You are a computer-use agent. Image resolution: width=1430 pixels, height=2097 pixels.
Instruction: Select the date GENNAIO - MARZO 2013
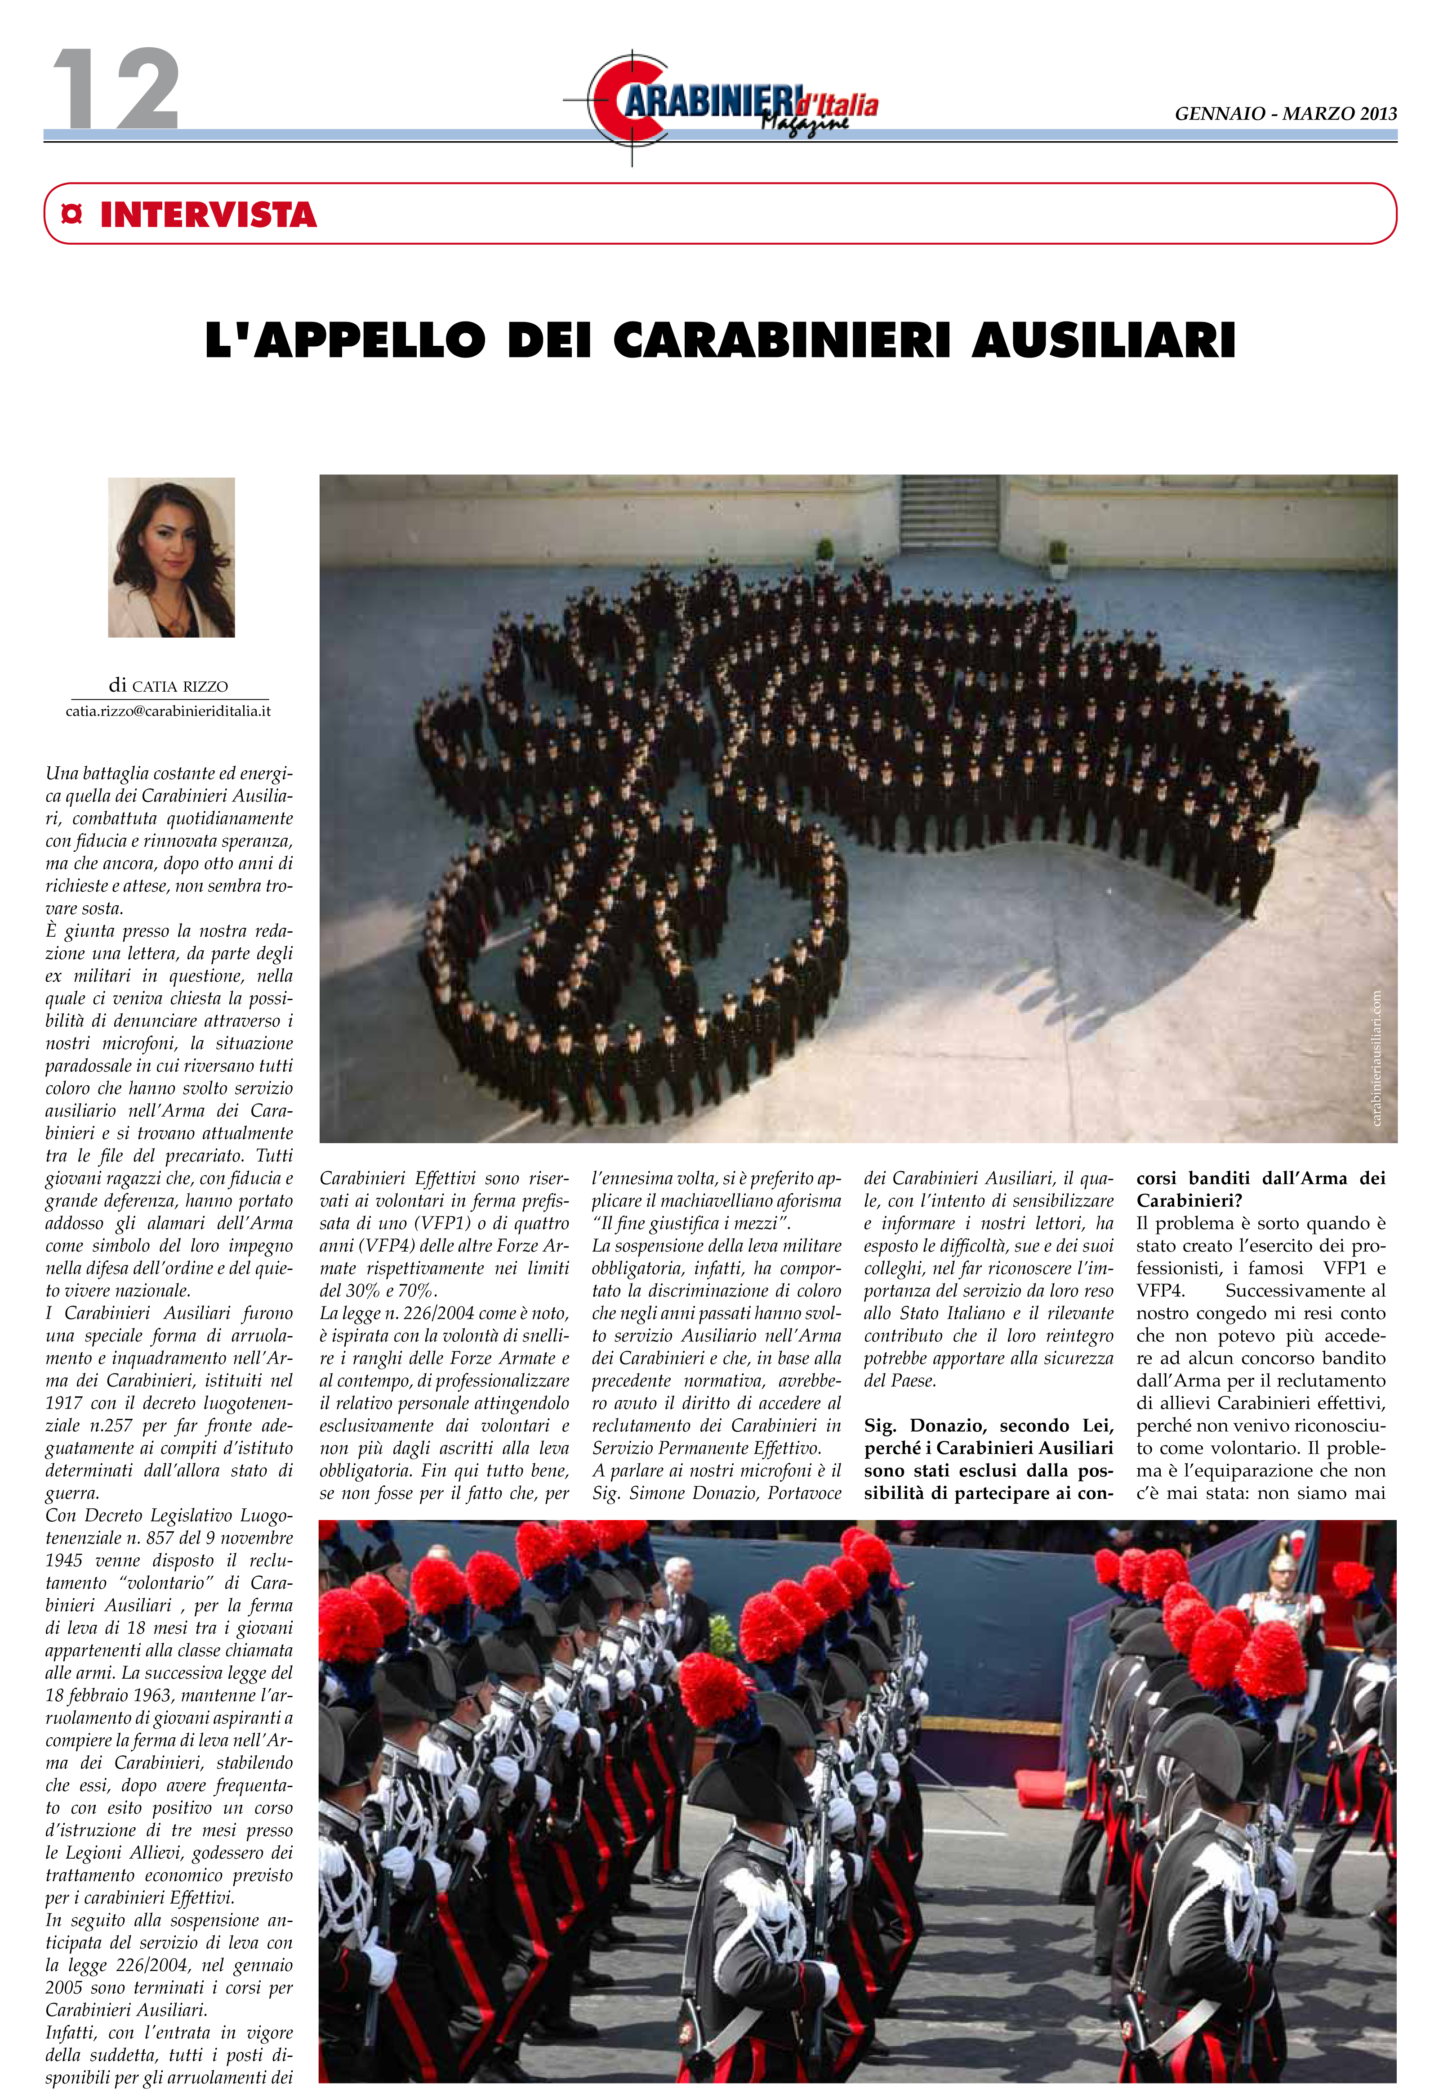point(1285,114)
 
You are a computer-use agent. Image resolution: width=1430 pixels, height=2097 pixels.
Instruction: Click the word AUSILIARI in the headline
point(1102,340)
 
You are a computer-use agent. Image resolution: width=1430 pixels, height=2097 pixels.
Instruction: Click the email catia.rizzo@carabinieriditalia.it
point(168,711)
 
